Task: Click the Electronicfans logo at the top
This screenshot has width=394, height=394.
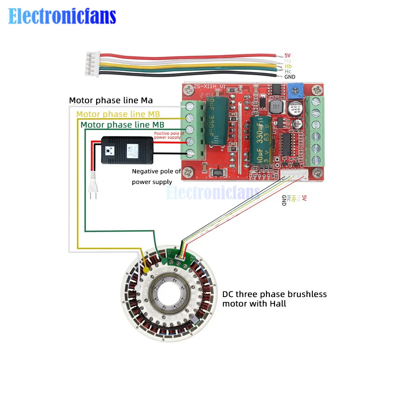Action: (x=62, y=17)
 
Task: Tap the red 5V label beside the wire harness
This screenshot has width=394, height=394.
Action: (x=287, y=56)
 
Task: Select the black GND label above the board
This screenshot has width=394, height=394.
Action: (x=290, y=77)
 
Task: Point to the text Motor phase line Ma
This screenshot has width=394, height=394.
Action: (x=111, y=100)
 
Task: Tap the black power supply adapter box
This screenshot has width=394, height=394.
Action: (x=127, y=150)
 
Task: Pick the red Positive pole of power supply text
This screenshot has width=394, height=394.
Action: (x=169, y=136)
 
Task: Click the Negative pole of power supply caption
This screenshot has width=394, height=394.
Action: (x=156, y=177)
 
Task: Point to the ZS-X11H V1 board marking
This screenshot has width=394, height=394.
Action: (x=209, y=86)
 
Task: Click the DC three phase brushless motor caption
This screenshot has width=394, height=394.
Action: (x=274, y=299)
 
